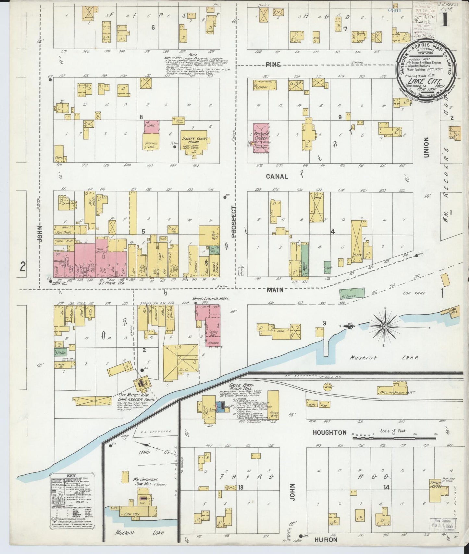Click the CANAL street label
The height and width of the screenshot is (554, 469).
[x=277, y=177]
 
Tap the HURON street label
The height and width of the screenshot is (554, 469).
[x=326, y=539]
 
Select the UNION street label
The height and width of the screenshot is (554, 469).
[x=426, y=147]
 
